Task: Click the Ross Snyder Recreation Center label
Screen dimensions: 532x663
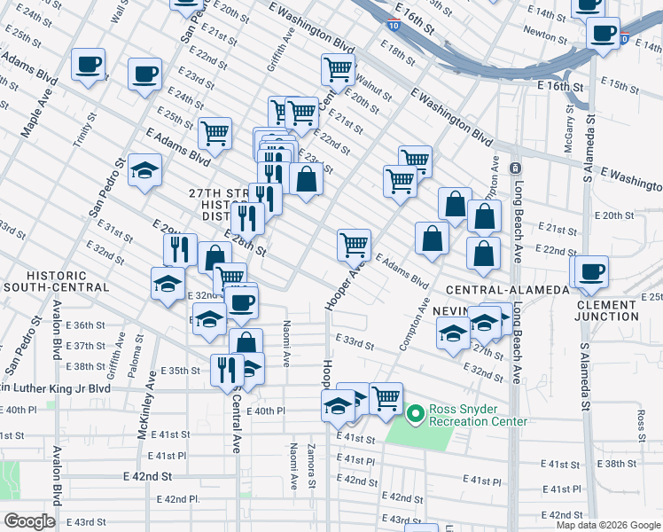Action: pos(479,415)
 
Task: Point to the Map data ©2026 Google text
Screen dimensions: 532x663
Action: pos(607,525)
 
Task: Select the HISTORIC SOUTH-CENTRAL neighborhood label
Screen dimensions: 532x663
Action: pos(55,281)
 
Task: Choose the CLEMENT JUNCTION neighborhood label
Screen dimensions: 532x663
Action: pos(606,310)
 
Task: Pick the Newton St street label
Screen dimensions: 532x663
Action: pos(545,36)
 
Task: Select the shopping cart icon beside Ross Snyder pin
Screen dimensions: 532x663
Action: pos(386,399)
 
